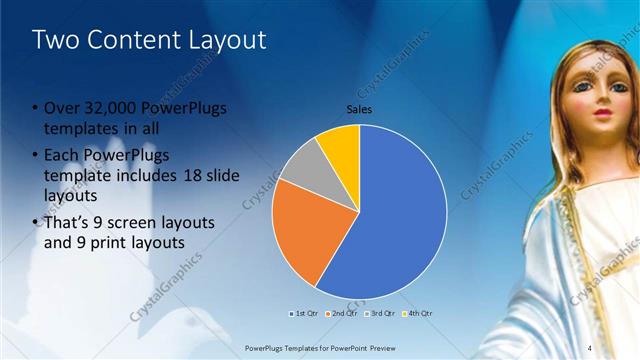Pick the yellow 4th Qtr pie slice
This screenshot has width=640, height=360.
click(341, 143)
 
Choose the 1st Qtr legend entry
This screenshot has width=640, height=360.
click(304, 313)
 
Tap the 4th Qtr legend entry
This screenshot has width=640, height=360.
click(418, 313)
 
